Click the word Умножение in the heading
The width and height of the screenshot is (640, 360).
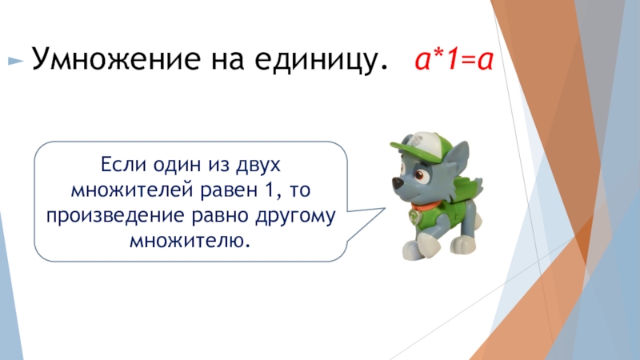coord(116,58)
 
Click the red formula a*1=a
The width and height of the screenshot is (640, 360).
coord(454,60)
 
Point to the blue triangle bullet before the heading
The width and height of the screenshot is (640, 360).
coord(15,62)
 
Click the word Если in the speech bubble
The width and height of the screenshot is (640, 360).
coord(123,164)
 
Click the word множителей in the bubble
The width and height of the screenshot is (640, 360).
coord(132,190)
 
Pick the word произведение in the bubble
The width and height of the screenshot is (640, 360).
coord(115,216)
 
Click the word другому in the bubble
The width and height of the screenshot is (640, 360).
coord(295,216)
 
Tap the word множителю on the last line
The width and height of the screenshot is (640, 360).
coord(190,241)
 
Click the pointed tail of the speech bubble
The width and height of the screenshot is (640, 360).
coord(385,209)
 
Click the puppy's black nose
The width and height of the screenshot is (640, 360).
coord(397,182)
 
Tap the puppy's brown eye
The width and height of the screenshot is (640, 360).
coord(420,175)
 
